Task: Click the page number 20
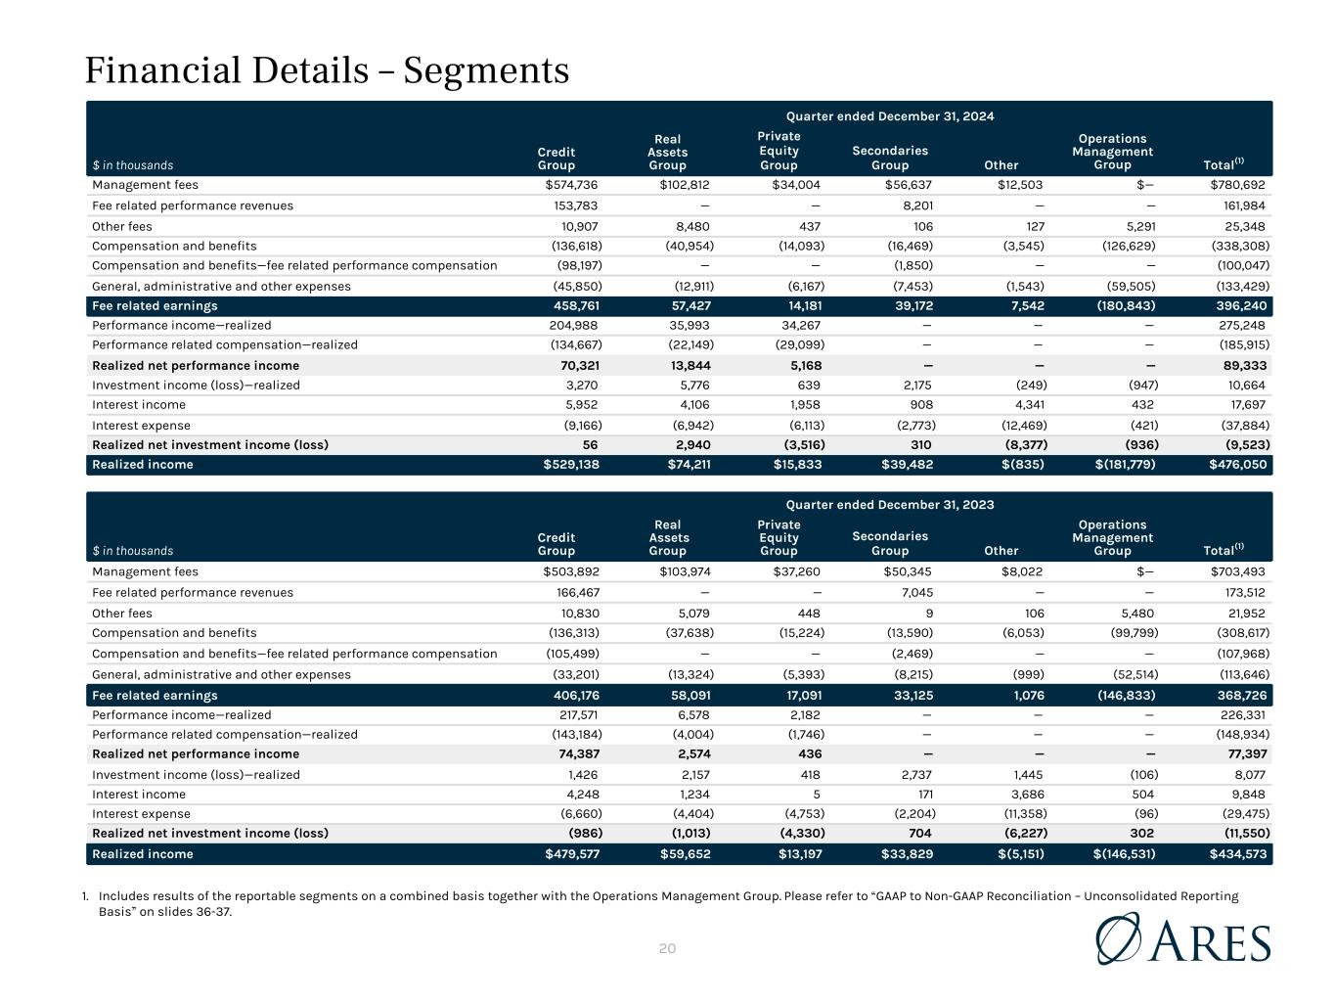click(668, 948)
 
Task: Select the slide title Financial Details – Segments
click(327, 70)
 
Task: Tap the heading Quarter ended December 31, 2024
click(890, 116)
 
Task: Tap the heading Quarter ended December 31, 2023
click(890, 505)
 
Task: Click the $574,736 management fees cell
click(571, 185)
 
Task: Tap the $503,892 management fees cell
click(571, 571)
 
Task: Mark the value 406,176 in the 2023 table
click(576, 695)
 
